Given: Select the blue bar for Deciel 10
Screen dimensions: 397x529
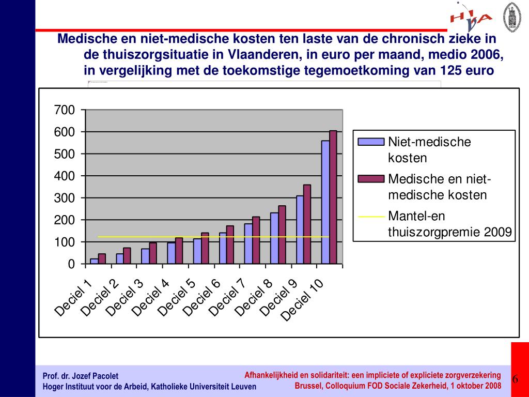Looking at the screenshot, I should (x=325, y=202).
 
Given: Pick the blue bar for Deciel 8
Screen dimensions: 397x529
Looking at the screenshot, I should (x=274, y=238).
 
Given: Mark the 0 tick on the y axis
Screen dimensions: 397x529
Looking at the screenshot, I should (x=71, y=264).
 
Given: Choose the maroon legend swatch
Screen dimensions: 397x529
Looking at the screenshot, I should (x=371, y=179).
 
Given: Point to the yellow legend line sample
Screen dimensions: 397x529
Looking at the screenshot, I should (x=371, y=217).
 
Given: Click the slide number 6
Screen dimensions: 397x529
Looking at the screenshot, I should (x=516, y=380).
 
